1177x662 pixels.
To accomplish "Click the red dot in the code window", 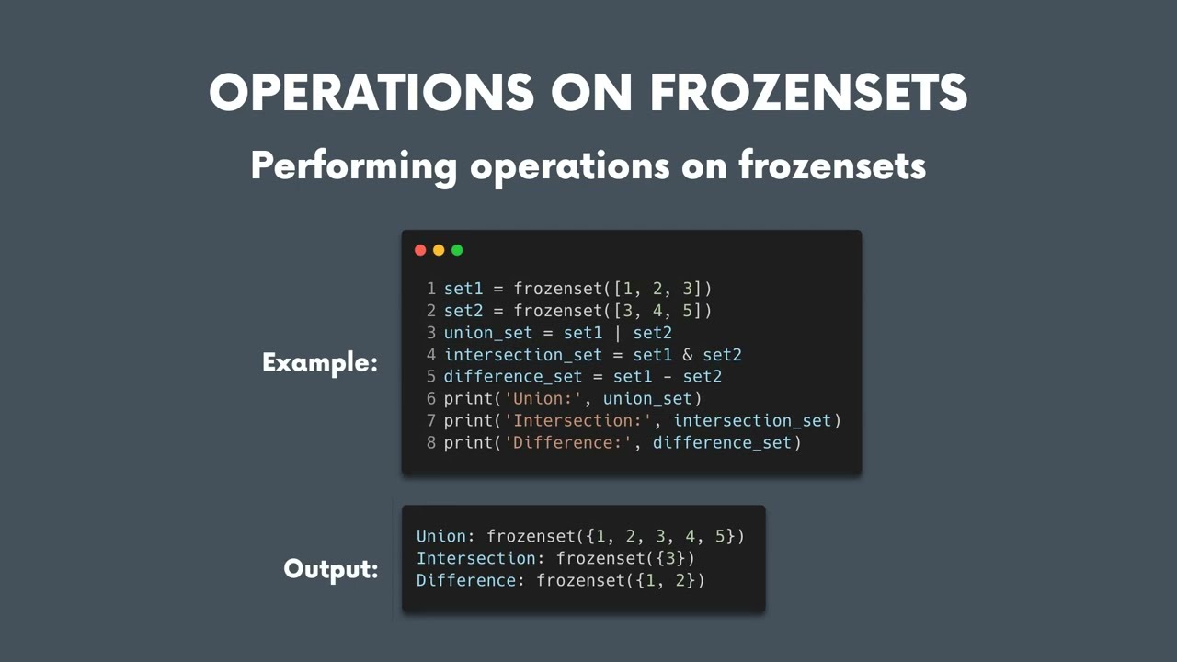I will tap(420, 250).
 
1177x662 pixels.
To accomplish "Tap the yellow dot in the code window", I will tap(439, 250).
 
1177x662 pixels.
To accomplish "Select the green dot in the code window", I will tap(457, 250).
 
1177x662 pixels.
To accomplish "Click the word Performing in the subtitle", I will tap(354, 166).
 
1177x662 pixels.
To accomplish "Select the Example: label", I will tap(320, 362).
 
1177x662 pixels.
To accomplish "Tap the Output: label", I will tap(331, 569).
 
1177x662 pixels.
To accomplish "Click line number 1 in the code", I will tap(431, 289).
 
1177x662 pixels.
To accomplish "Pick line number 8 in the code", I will tap(431, 443).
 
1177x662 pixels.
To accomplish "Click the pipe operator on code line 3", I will tap(618, 333).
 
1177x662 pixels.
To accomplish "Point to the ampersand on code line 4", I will tap(688, 355).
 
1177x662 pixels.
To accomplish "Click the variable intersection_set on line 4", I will tap(523, 355).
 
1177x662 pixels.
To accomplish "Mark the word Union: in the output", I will tap(446, 536).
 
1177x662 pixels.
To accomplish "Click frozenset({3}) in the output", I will tap(625, 558).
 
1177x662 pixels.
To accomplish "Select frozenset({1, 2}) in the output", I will tap(621, 580).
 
